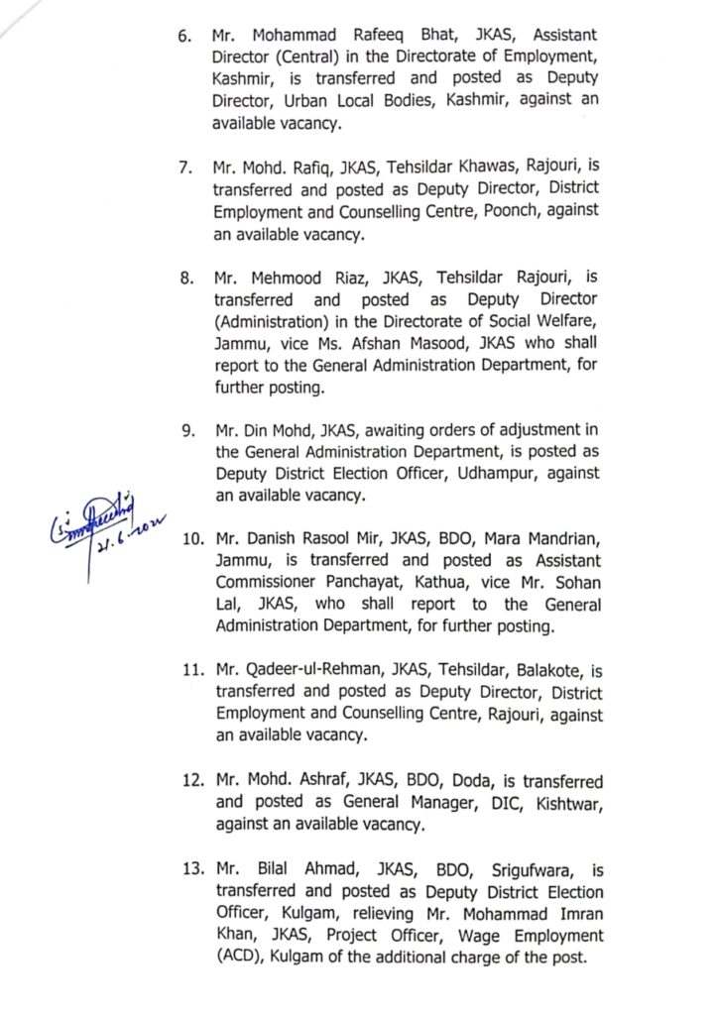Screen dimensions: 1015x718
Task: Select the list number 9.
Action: tap(186, 429)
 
